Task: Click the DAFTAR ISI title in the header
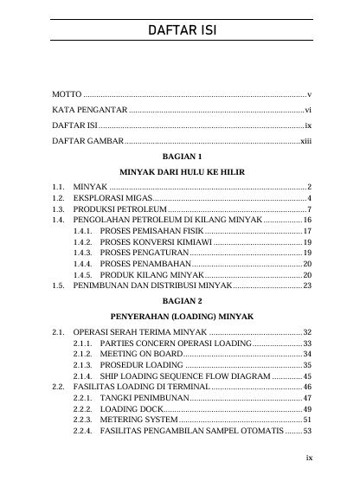(x=181, y=31)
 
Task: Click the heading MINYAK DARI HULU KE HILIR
(x=181, y=171)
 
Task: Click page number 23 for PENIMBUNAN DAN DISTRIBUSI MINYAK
(x=306, y=285)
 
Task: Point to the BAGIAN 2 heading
(x=181, y=300)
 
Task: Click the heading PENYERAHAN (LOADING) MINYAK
(x=181, y=317)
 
